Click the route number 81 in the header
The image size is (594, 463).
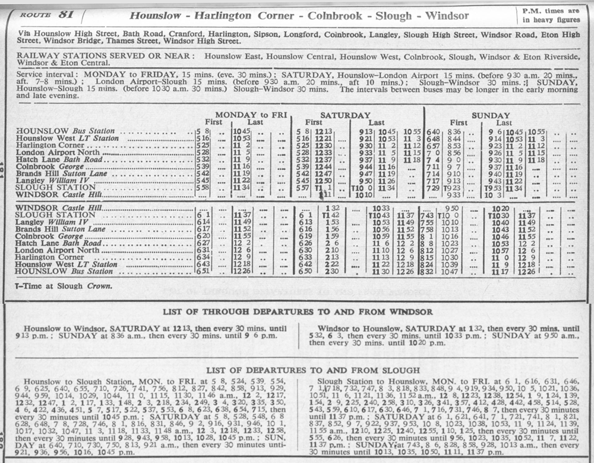pyautogui.click(x=65, y=15)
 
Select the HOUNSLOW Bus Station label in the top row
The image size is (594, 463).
pyautogui.click(x=65, y=131)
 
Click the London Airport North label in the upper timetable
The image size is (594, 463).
pyautogui.click(x=58, y=153)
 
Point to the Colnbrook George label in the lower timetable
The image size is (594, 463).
pyautogui.click(x=50, y=236)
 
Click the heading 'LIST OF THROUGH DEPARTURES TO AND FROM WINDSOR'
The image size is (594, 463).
pyautogui.click(x=298, y=312)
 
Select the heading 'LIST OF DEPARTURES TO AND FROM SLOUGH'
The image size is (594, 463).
pyautogui.click(x=297, y=370)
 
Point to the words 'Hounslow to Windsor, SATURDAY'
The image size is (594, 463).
pyautogui.click(x=74, y=328)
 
